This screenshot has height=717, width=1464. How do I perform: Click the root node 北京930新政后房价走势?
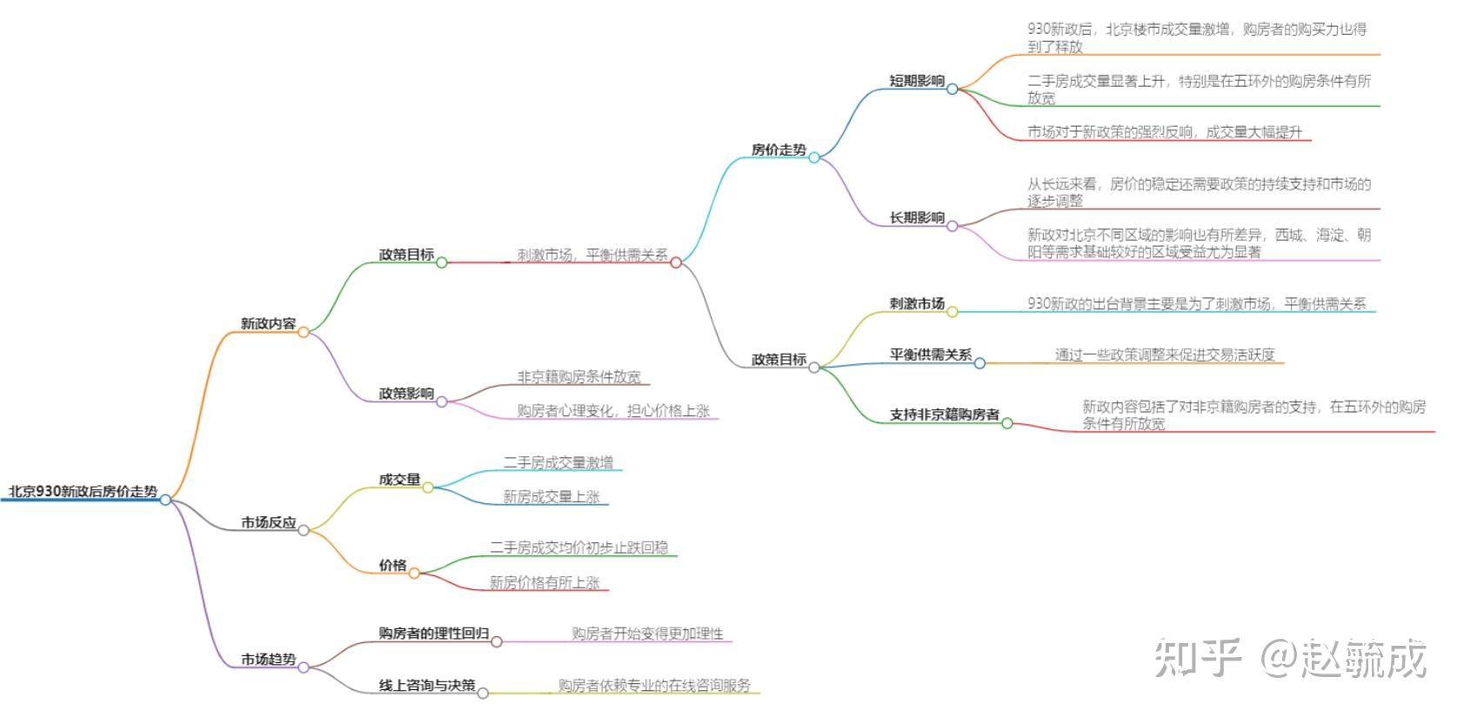(x=83, y=491)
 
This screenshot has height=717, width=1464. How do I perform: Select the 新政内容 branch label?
(x=268, y=323)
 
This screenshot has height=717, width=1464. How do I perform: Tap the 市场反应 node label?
(x=268, y=522)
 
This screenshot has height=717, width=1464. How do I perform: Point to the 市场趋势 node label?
(x=268, y=660)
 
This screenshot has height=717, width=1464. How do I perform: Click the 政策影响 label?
(x=406, y=393)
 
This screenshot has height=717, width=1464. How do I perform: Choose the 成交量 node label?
(x=399, y=480)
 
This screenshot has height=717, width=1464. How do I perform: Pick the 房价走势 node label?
(x=779, y=149)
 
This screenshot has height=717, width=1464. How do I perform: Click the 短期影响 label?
(x=917, y=80)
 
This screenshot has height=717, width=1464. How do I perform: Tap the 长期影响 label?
(x=917, y=217)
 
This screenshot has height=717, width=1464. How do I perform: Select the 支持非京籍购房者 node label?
(x=945, y=415)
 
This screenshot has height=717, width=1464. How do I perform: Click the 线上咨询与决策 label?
(x=427, y=685)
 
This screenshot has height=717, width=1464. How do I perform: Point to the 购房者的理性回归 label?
(x=434, y=634)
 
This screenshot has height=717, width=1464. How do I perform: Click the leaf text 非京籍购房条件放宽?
(x=579, y=377)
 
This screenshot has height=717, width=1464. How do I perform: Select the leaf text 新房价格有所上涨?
(x=545, y=582)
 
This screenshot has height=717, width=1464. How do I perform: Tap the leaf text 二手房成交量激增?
(x=558, y=463)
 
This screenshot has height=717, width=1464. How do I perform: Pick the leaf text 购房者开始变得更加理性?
(x=648, y=634)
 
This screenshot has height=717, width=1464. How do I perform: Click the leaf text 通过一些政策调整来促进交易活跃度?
(x=1166, y=355)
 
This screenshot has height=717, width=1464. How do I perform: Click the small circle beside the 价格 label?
(x=414, y=574)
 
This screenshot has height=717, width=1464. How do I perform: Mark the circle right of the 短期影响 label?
(x=953, y=89)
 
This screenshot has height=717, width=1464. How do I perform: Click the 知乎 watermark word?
(x=1197, y=658)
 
